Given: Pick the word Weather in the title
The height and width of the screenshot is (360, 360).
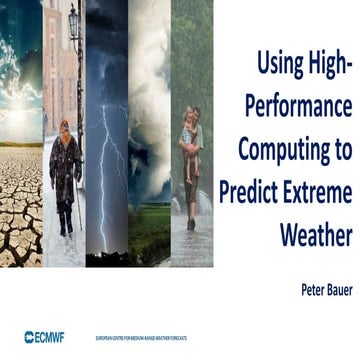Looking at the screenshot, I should tap(314, 235).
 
